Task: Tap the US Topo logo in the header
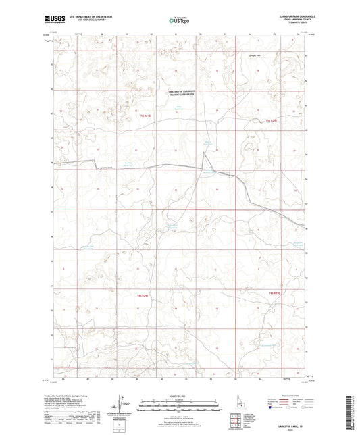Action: (178, 20)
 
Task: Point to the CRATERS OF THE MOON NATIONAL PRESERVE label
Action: (181, 94)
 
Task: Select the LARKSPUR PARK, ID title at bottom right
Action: (289, 421)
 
